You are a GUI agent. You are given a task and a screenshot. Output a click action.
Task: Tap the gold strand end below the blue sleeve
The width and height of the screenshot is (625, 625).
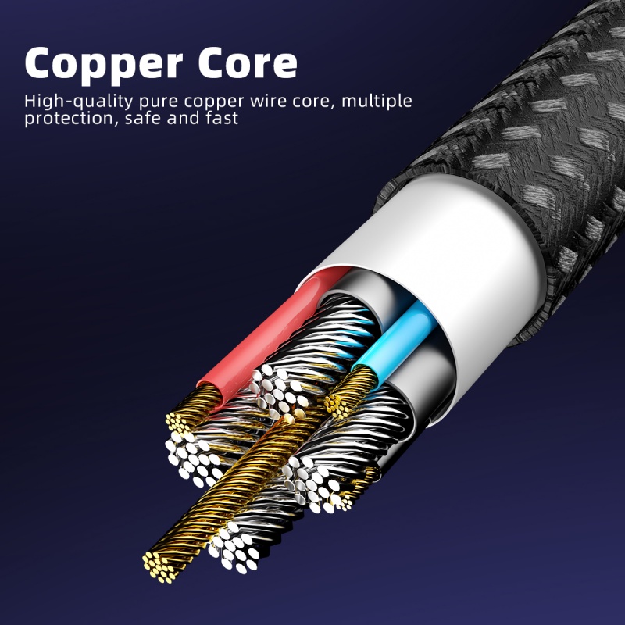pyautogui.click(x=337, y=403)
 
